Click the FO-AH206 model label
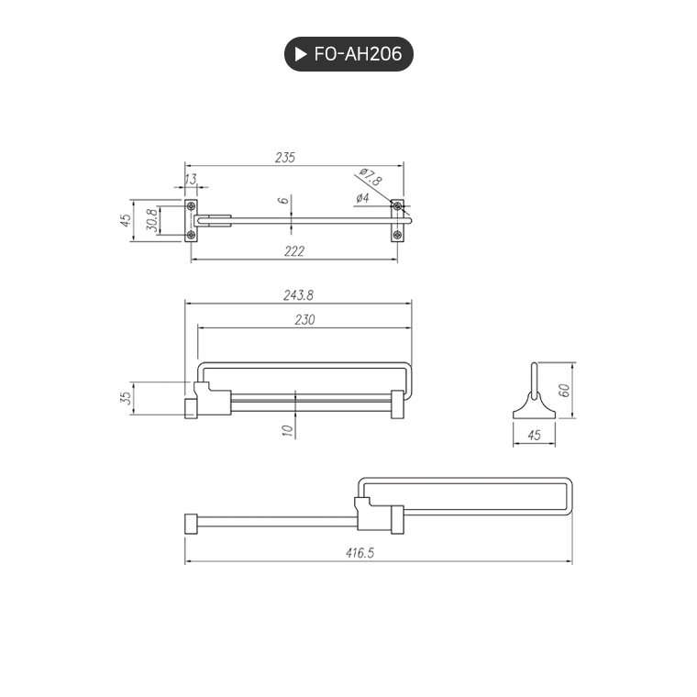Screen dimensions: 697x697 click(x=358, y=54)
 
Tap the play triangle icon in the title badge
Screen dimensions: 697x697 click(x=300, y=54)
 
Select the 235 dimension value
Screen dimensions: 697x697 click(x=285, y=158)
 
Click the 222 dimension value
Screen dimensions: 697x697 click(x=293, y=251)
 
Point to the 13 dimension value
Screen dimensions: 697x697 click(x=191, y=178)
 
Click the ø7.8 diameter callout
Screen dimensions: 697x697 click(x=371, y=177)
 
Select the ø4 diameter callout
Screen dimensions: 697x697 click(x=362, y=198)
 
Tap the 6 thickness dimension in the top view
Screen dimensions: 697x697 click(x=285, y=200)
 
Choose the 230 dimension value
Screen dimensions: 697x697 click(x=304, y=319)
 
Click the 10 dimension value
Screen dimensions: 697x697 click(x=287, y=429)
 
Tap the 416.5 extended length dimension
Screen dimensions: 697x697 click(x=378, y=554)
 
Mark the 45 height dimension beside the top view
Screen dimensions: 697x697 click(x=127, y=220)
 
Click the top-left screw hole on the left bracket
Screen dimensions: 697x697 click(x=191, y=205)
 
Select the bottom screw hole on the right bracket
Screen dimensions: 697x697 click(x=397, y=236)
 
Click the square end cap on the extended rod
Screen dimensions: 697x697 click(x=191, y=525)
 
